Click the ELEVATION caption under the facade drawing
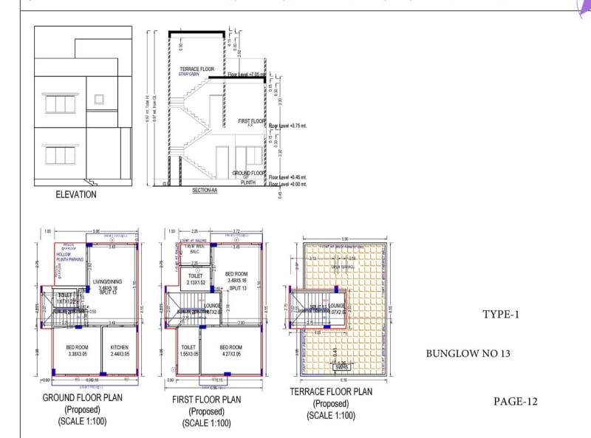76,195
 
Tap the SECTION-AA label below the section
205,190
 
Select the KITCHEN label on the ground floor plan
119,351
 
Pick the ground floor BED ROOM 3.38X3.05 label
77,351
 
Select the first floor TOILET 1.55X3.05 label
189,351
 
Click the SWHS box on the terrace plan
341,366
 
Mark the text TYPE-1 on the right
502,315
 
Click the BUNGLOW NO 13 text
468,354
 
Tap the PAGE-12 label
516,402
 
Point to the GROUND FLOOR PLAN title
82,398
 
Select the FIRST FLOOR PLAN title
206,400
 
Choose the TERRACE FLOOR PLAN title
331,392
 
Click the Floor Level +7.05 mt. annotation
246,75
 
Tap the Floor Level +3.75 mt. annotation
287,126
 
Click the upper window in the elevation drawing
60,103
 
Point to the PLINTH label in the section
247,182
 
